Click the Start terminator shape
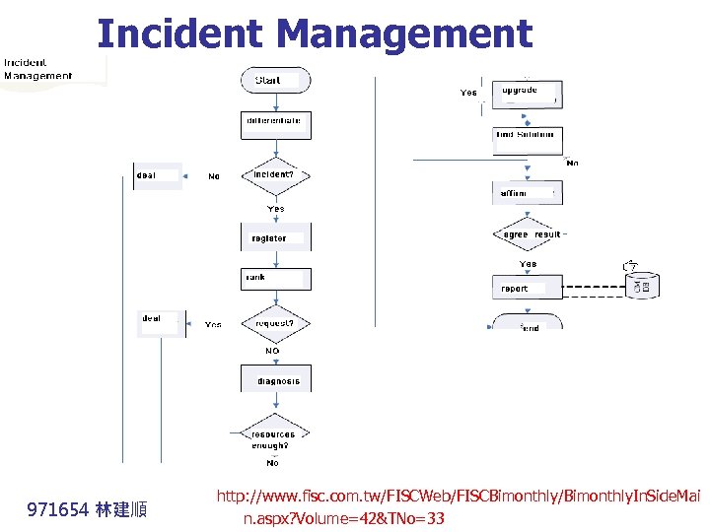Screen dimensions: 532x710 [275, 81]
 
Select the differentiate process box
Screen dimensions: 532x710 [275, 124]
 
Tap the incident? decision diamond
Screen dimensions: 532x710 [275, 175]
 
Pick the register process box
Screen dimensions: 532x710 [275, 238]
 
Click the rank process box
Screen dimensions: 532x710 [275, 279]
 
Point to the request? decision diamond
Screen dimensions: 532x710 [275, 323]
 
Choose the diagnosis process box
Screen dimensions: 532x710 [276, 380]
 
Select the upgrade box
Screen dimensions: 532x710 [526, 93]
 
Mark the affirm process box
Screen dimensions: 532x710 [526, 193]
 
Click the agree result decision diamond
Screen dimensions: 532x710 [530, 234]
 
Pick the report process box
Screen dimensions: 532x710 [526, 288]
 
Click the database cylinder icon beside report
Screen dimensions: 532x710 [644, 285]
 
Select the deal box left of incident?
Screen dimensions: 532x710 [158, 177]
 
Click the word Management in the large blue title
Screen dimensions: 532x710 [405, 33]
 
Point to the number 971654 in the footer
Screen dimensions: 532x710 [58, 509]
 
